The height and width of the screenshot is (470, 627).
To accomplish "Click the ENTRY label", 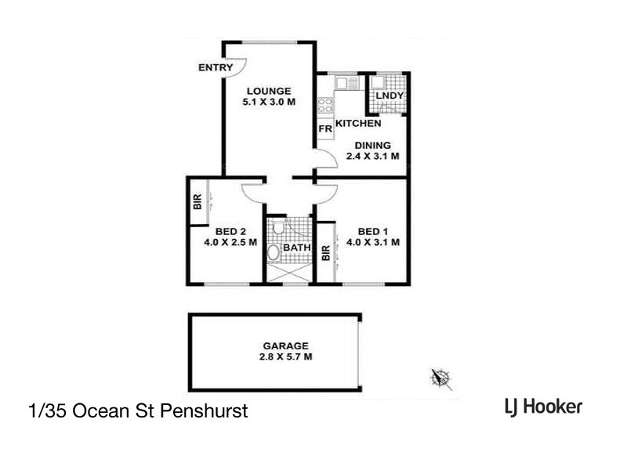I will pyautogui.click(x=215, y=68).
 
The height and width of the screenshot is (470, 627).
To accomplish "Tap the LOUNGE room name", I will pyautogui.click(x=269, y=90).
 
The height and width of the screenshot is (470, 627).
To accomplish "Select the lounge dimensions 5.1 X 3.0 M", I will pyautogui.click(x=269, y=102).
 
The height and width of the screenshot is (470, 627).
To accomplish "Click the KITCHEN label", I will pyautogui.click(x=358, y=124).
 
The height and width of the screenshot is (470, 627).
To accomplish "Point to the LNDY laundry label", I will pyautogui.click(x=390, y=96).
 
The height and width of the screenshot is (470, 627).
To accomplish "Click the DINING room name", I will pyautogui.click(x=373, y=145).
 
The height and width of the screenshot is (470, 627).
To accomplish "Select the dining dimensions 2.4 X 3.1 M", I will pyautogui.click(x=373, y=157).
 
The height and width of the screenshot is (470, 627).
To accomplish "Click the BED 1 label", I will pyautogui.click(x=373, y=231).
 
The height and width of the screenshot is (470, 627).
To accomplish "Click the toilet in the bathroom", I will pyautogui.click(x=274, y=252).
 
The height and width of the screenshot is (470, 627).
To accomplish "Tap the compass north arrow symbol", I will pyautogui.click(x=440, y=378).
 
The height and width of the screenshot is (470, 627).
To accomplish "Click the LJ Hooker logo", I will pyautogui.click(x=542, y=407).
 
